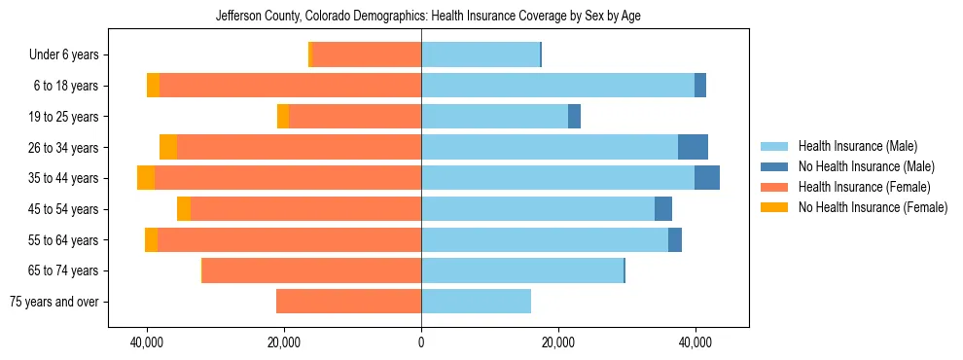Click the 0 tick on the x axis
(x=421, y=342)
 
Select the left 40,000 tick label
(x=147, y=342)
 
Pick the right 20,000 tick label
(x=558, y=342)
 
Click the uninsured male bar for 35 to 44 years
(x=707, y=178)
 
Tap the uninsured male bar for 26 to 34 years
(x=693, y=147)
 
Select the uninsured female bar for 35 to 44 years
(x=146, y=178)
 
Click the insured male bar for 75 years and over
(x=476, y=302)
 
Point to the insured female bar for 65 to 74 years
(x=311, y=270)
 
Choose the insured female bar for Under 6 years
(x=367, y=55)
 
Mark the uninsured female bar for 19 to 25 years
(x=283, y=117)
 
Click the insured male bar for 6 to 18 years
(x=557, y=86)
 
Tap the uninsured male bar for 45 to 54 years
(x=663, y=209)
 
